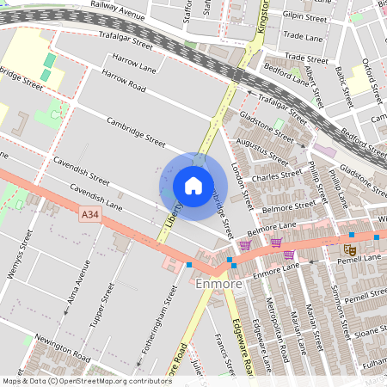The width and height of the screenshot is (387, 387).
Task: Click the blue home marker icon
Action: coord(193,185)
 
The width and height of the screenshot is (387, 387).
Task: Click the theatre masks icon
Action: coord(349,249)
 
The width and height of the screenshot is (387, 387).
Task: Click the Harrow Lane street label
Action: coord(134,63)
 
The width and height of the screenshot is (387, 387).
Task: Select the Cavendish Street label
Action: coord(81,171)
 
